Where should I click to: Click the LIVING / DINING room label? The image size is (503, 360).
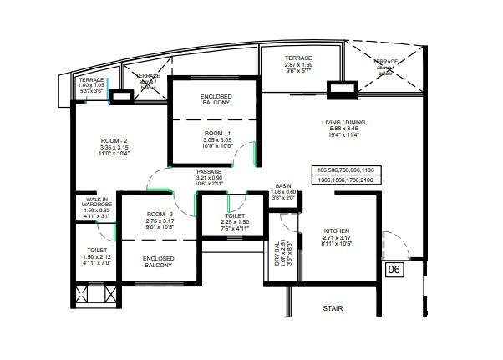pyautogui.click(x=343, y=123)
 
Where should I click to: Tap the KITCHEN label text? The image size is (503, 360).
pyautogui.click(x=337, y=231)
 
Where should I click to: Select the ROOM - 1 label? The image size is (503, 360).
pyautogui.click(x=216, y=134)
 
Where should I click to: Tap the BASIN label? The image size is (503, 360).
pyautogui.click(x=284, y=185)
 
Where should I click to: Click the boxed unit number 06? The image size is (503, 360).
pyautogui.click(x=394, y=269)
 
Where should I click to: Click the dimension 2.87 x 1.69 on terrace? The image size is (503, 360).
pyautogui.click(x=297, y=64)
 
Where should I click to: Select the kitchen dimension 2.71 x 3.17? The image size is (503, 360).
pyautogui.click(x=337, y=238)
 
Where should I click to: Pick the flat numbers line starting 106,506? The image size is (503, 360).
pyautogui.click(x=345, y=170)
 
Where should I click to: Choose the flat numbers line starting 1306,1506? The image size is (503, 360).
pyautogui.click(x=345, y=179)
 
